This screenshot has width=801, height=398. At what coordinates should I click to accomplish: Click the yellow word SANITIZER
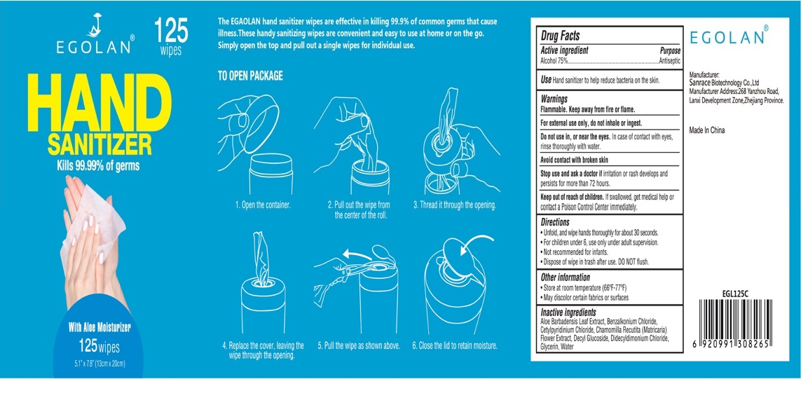click(100, 144)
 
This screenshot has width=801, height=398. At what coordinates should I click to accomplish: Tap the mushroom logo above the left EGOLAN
click(95, 25)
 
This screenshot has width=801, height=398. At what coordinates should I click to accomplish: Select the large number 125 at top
click(171, 31)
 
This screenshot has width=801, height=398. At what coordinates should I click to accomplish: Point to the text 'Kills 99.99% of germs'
click(98, 165)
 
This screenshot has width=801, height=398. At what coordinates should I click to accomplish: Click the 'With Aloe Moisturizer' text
click(100, 327)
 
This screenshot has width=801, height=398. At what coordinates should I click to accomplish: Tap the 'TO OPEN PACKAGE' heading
click(250, 76)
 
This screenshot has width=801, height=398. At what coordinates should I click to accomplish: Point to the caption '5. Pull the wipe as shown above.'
click(359, 345)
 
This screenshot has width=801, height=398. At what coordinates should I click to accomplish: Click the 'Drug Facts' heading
click(561, 36)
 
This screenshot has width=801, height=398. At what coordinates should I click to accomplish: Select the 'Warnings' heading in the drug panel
click(554, 99)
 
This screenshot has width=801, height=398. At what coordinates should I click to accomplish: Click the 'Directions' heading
click(555, 222)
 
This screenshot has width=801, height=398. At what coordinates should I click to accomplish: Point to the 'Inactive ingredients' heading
click(568, 313)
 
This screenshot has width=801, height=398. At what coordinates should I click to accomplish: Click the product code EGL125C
click(737, 294)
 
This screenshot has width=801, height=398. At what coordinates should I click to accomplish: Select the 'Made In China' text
click(707, 130)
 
